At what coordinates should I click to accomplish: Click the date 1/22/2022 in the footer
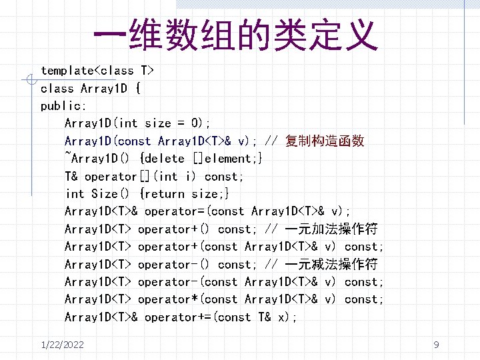pyautogui.click(x=62, y=345)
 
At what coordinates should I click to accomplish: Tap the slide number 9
pyautogui.click(x=436, y=345)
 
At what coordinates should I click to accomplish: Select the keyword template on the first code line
pyautogui.click(x=67, y=71)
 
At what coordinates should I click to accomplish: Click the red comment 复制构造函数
pyautogui.click(x=325, y=141)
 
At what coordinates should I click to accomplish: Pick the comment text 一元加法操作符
pyautogui.click(x=331, y=229)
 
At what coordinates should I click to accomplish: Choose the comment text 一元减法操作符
pyautogui.click(x=331, y=265)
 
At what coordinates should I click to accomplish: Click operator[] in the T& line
pyautogui.click(x=117, y=177)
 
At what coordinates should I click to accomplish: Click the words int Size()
pyautogui.click(x=97, y=194)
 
